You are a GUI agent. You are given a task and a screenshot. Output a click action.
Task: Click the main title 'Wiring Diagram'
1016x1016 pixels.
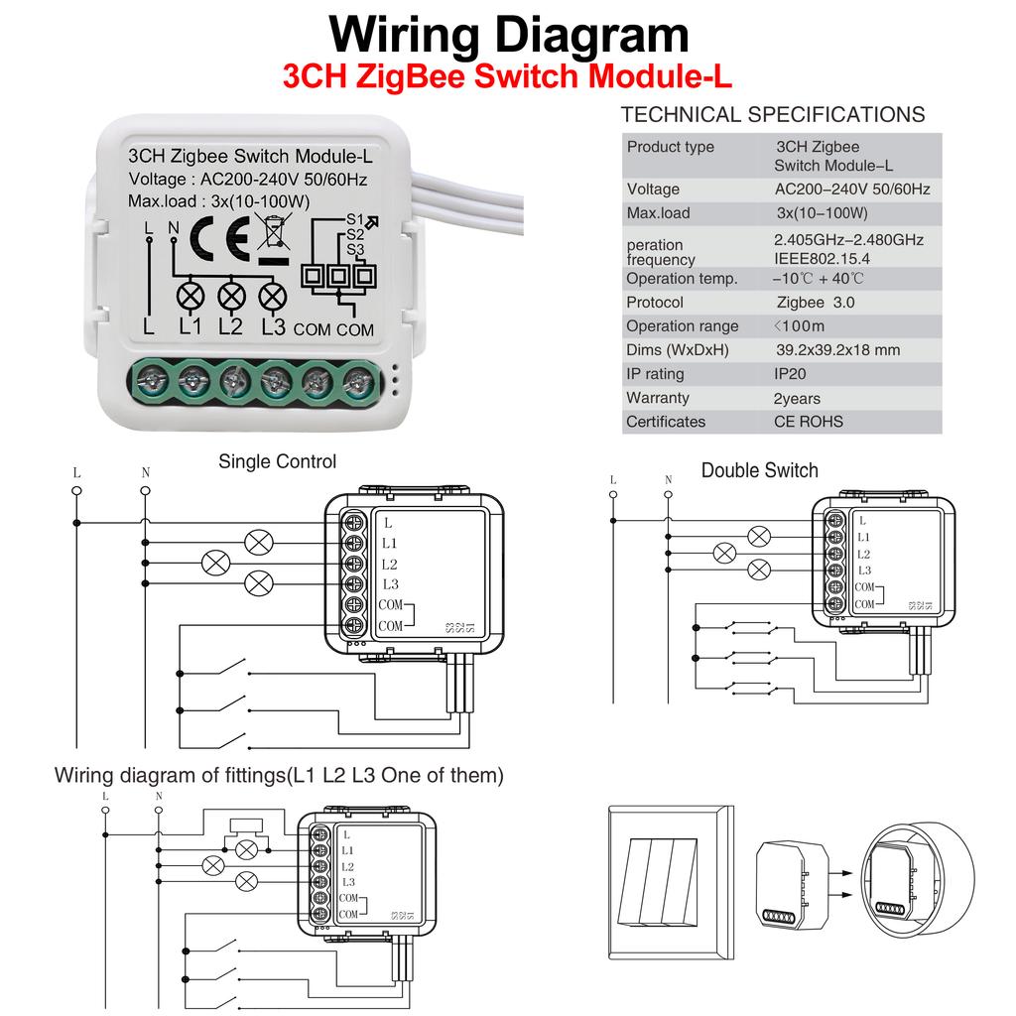508,35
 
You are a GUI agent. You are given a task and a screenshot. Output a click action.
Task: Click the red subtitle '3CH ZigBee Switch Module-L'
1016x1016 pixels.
507,78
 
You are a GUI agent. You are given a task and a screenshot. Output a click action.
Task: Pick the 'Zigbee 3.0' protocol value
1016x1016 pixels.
815,303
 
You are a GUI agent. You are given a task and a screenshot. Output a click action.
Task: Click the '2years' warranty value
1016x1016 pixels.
798,398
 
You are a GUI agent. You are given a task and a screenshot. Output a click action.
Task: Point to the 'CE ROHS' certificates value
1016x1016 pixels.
809,422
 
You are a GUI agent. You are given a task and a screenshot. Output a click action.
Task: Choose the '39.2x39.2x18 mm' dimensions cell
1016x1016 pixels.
837,350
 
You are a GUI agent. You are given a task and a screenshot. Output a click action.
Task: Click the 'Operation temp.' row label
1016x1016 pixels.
682,279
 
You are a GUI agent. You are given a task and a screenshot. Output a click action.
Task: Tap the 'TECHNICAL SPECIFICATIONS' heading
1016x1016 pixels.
772,115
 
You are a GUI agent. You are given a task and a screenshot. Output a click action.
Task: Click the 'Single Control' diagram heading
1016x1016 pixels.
277,461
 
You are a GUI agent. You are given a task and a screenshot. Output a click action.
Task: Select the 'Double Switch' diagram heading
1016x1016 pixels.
759,470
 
